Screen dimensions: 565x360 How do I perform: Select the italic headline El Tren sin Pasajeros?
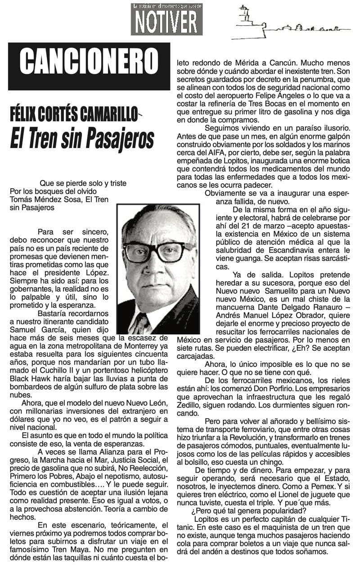click(x=82, y=138)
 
